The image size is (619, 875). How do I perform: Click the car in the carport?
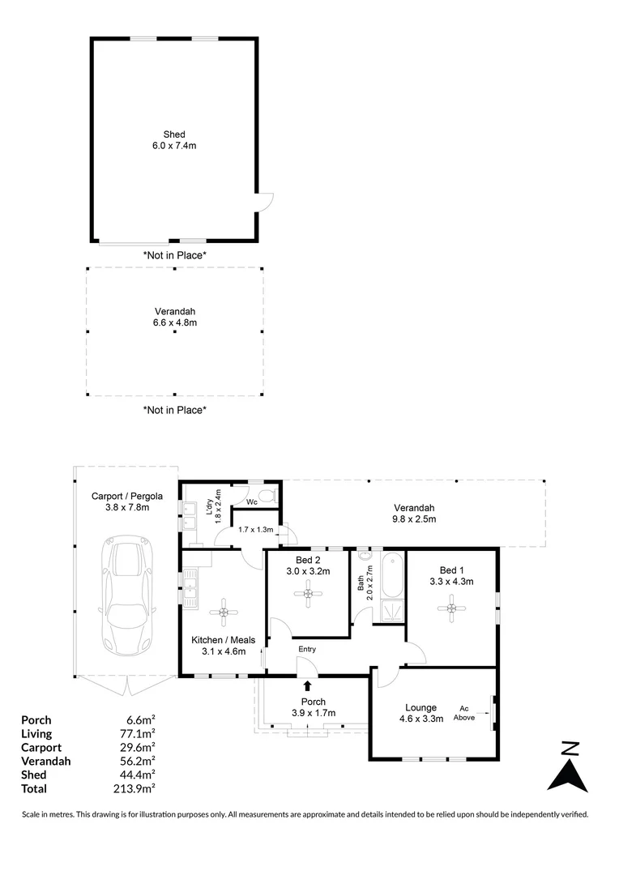tap(126, 596)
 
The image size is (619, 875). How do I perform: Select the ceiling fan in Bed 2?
tap(308, 594)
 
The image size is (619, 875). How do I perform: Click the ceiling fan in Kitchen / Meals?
tap(224, 612)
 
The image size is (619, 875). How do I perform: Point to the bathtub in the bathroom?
tap(394, 574)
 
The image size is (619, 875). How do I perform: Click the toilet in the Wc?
tap(269, 495)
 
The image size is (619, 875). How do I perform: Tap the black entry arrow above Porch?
tap(307, 686)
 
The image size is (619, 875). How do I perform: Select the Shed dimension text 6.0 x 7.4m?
tap(174, 146)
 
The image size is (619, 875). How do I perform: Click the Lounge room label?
tap(420, 707)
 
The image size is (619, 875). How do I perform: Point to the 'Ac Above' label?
tap(463, 713)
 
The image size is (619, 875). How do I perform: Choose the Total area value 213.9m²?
tap(134, 788)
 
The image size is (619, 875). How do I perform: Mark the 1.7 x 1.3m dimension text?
tap(256, 530)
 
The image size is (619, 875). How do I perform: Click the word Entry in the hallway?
tap(307, 649)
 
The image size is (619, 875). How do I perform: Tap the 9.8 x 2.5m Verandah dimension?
tap(413, 519)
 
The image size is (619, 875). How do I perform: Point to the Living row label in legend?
tap(36, 734)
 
